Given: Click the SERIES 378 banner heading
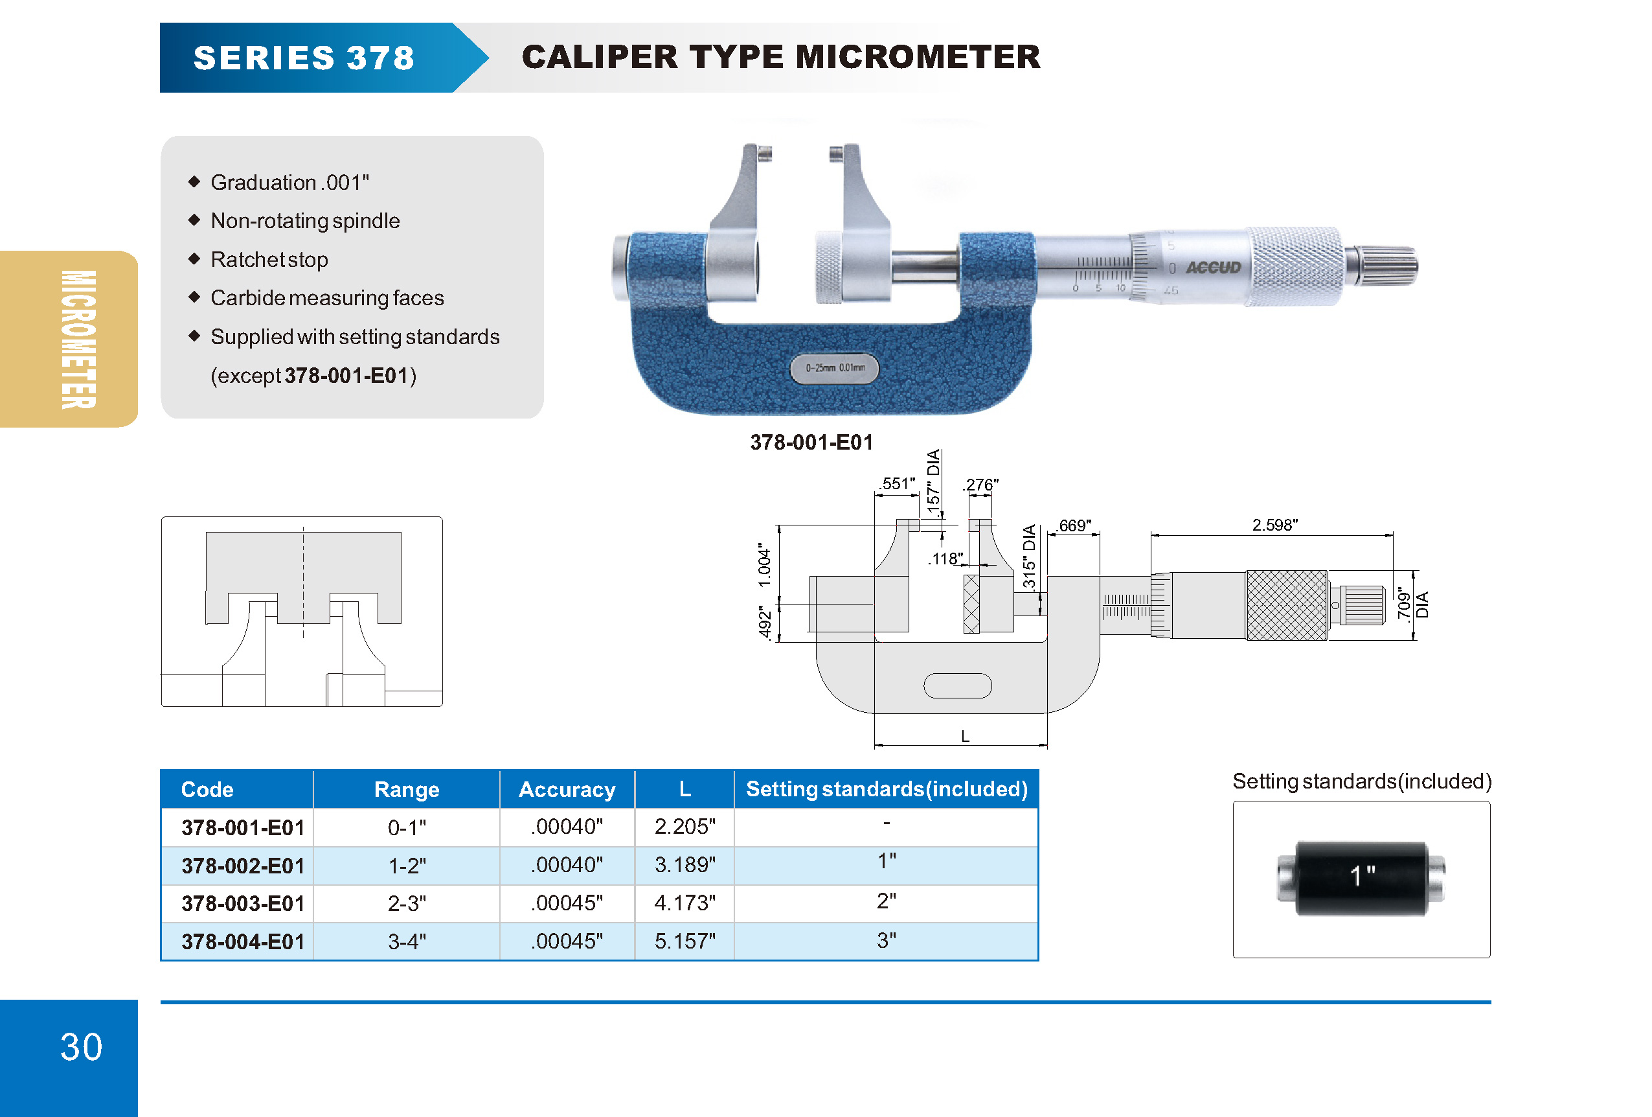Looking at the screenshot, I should pos(304,58).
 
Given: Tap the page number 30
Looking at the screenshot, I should pos(81,1046).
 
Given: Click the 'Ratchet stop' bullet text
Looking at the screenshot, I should pos(269,260).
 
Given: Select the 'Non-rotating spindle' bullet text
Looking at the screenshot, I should pos(305,221).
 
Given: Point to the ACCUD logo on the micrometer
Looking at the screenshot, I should pos(1213,268).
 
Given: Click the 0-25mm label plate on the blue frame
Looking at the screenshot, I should pos(835,368).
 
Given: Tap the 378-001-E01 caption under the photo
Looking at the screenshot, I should pos(811,443).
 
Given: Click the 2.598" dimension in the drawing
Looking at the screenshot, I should pos(1274,525).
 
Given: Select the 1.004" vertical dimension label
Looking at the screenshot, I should pos(764,566).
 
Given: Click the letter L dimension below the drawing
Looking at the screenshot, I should pos(965,737).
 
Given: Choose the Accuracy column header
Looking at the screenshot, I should pos(567,789).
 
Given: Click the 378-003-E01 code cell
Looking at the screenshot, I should pos(242,904).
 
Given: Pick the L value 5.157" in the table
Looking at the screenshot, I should pos(685,941).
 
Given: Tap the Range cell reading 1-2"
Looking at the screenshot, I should pos(407,866).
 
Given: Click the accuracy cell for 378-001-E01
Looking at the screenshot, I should pos(567,827).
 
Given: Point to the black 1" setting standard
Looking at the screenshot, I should pos(1361,878).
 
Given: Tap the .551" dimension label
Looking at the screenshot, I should pos(897,483).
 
